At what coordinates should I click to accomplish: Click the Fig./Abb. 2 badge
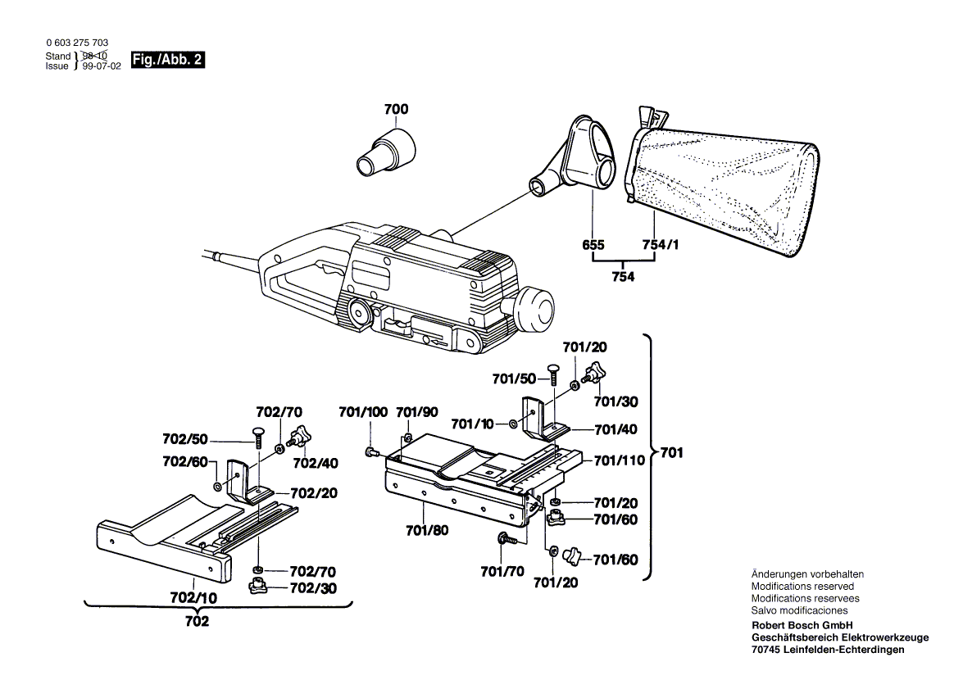(x=167, y=61)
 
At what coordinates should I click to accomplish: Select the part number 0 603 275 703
(x=78, y=43)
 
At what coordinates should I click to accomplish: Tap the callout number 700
(x=396, y=110)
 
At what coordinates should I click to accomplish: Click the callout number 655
(x=593, y=245)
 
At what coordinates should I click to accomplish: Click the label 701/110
(x=620, y=461)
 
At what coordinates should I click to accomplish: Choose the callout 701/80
(x=427, y=530)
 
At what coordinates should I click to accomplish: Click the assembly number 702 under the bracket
(x=197, y=622)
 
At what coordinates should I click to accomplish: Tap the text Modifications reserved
(x=802, y=587)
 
